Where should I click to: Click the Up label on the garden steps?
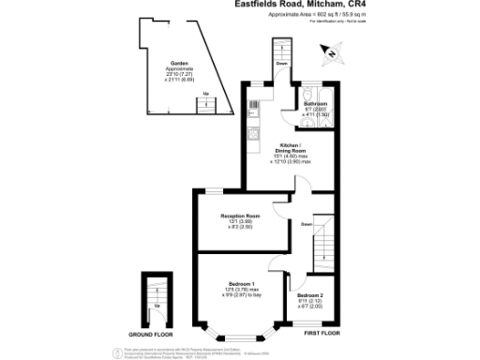[x=206, y=94]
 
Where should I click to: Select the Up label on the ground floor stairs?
[x=157, y=307]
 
